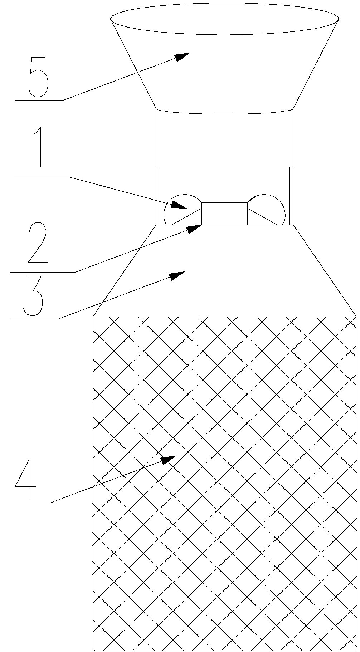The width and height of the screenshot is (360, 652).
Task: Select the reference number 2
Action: tap(37, 243)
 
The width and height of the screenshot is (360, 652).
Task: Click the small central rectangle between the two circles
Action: tap(224, 214)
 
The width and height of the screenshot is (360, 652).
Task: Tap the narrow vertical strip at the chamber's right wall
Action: tap(291, 196)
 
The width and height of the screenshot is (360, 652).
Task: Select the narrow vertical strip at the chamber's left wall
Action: tap(158, 196)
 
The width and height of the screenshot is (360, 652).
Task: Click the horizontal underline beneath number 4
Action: tap(26, 503)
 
